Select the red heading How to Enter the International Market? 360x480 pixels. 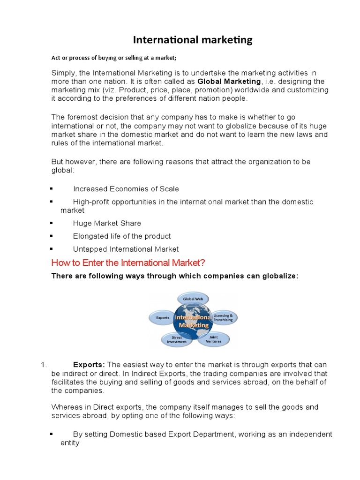click(128, 262)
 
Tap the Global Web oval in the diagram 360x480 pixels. click(193, 299)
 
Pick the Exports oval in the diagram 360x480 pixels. click(162, 317)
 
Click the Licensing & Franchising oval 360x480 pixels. click(223, 317)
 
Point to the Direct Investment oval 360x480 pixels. click(177, 339)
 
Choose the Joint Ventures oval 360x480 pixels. click(214, 338)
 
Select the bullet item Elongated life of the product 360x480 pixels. click(122, 236)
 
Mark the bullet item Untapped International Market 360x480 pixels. click(126, 249)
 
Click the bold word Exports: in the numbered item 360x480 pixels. click(90, 365)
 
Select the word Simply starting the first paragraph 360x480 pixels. click(63, 73)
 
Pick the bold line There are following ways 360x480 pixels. click(174, 276)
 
